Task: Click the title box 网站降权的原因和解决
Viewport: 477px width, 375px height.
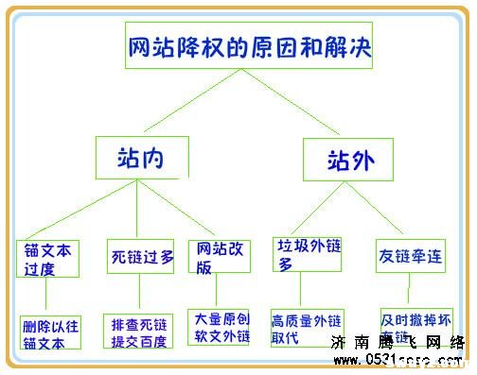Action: click(x=251, y=43)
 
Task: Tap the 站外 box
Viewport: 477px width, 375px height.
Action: click(x=347, y=159)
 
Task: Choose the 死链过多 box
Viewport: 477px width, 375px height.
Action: click(x=140, y=255)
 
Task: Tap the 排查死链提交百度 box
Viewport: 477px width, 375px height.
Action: click(x=138, y=332)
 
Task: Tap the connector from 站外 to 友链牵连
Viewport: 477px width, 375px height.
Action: click(x=384, y=208)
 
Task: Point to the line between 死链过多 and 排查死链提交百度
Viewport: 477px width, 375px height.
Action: click(x=139, y=295)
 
